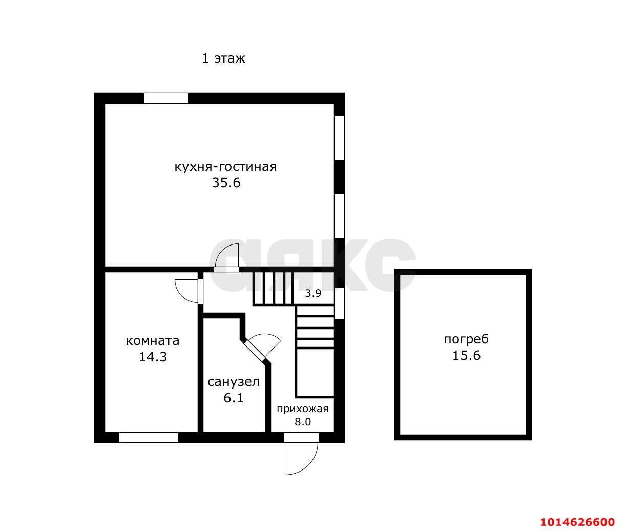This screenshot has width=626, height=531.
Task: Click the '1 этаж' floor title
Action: [223, 58]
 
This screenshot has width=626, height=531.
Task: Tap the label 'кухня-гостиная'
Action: [225, 167]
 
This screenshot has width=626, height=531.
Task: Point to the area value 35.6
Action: [226, 183]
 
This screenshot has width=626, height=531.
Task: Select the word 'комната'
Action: [152, 341]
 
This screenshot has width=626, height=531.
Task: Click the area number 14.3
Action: [153, 357]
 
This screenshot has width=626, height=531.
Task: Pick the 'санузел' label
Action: [233, 382]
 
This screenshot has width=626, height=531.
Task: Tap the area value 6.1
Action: [233, 398]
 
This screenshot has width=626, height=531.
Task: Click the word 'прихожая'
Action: [303, 409]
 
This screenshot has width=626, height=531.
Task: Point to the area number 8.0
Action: [303, 422]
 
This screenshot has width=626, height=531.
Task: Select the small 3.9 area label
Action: [313, 293]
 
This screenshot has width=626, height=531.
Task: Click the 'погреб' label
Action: [466, 339]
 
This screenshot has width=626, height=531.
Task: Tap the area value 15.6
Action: [466, 356]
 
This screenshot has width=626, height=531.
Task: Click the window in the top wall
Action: [165, 98]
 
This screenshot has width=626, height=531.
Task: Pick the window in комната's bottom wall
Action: [149, 437]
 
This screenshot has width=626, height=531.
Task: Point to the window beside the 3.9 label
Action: [339, 304]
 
